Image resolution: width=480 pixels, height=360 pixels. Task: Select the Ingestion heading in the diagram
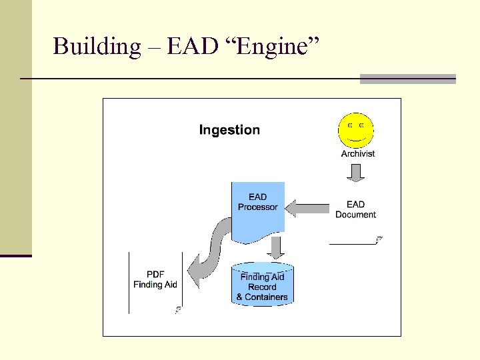(229, 130)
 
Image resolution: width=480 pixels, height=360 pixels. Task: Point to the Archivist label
(358, 153)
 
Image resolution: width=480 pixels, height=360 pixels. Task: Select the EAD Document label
(355, 209)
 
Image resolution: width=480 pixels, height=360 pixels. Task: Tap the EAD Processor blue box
(258, 207)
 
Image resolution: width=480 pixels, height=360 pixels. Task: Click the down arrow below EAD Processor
(275, 248)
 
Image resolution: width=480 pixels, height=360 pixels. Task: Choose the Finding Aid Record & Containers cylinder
(262, 285)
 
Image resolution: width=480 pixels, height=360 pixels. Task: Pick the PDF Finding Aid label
(155, 279)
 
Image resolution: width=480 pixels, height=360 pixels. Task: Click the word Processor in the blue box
(258, 207)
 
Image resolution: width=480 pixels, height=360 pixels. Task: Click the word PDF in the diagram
(155, 274)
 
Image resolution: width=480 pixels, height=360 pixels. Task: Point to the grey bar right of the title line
(407, 79)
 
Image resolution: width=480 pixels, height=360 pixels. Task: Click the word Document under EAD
(355, 215)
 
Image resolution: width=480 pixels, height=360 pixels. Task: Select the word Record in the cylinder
(262, 287)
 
